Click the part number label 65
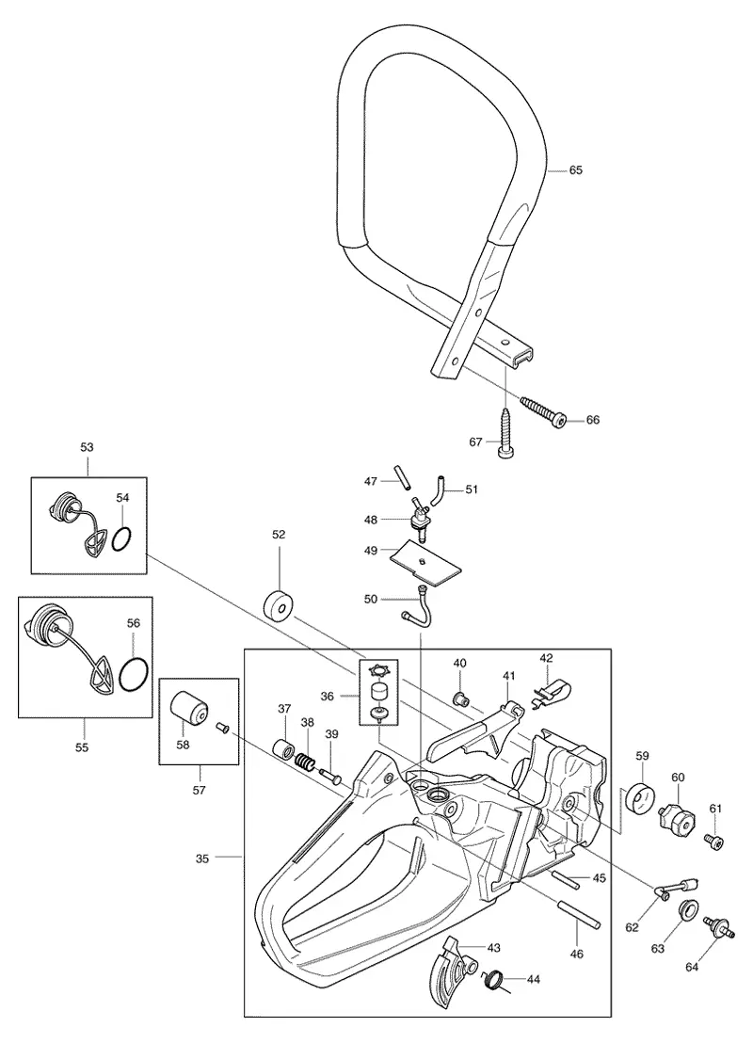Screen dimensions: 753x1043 575,170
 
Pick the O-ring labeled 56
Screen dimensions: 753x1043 133,672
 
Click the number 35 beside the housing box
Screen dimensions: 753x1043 202,858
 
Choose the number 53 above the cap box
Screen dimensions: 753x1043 88,447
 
